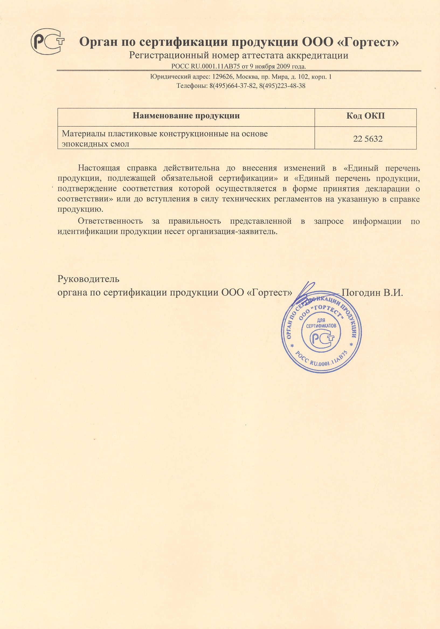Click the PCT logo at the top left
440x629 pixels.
[47, 41]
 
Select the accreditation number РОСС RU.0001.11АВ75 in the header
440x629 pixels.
[206, 66]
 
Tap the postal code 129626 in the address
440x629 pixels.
[223, 77]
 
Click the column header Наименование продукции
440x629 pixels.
[186, 116]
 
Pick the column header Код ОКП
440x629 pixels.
[366, 116]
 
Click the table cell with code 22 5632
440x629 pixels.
[368, 139]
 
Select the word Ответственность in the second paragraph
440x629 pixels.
[110, 221]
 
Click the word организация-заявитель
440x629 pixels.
[232, 232]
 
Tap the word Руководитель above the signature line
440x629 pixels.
[88, 279]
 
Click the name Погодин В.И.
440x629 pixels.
[372, 293]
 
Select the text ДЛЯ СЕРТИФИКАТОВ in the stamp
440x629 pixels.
[321, 323]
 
